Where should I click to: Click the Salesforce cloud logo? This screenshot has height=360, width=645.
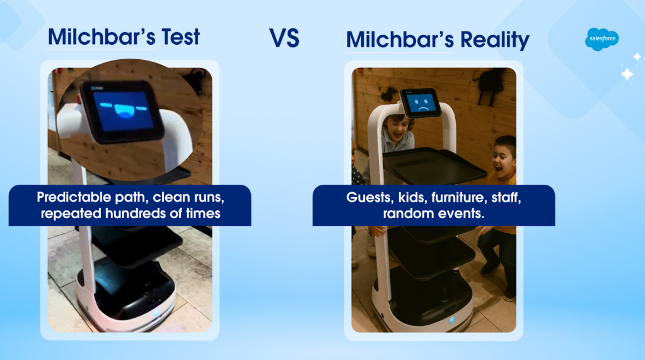[x=601, y=39]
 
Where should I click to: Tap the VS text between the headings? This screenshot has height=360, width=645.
[x=284, y=38]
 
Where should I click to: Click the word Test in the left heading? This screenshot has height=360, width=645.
[x=180, y=37]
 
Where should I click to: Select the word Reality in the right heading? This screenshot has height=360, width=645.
[x=495, y=40]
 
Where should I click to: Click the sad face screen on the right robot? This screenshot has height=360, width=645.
[x=421, y=103]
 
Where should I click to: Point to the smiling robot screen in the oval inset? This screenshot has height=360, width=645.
[x=122, y=110]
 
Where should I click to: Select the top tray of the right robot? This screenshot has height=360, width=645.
[x=434, y=165]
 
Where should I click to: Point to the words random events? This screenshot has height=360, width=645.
[x=434, y=213]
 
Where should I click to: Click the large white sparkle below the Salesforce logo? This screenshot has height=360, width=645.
[x=627, y=74]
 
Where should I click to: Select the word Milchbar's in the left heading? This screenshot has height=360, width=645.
[x=102, y=37]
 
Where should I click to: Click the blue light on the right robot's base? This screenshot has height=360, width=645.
[x=451, y=320]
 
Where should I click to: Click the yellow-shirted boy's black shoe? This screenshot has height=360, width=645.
[x=491, y=268]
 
